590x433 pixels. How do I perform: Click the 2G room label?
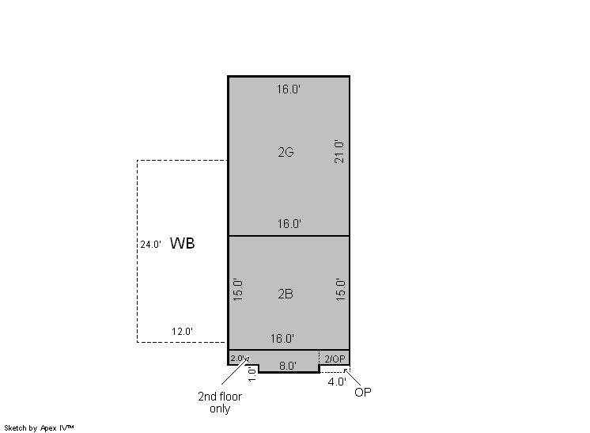pyautogui.click(x=286, y=152)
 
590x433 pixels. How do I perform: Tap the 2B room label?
pyautogui.click(x=286, y=294)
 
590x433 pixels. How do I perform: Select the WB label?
pyautogui.click(x=183, y=243)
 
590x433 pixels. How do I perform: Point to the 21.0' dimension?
pyautogui.click(x=339, y=152)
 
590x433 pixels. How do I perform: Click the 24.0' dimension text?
pyautogui.click(x=151, y=245)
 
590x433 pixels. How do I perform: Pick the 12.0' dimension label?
pyautogui.click(x=183, y=332)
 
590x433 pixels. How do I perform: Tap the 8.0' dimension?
pyautogui.click(x=288, y=366)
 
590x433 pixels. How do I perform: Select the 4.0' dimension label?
pyautogui.click(x=337, y=382)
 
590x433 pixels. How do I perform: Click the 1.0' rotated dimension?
pyautogui.click(x=252, y=374)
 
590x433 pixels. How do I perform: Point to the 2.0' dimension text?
pyautogui.click(x=238, y=358)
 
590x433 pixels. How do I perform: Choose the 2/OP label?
pyautogui.click(x=335, y=359)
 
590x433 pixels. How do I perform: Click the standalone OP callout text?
pyautogui.click(x=363, y=392)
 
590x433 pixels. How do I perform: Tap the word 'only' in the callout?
pyautogui.click(x=220, y=408)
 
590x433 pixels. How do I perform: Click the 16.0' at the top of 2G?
pyautogui.click(x=289, y=89)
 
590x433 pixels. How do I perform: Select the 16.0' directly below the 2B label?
pyautogui.click(x=282, y=339)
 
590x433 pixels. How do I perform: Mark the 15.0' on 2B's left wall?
pyautogui.click(x=238, y=290)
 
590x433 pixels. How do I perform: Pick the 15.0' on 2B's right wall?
pyautogui.click(x=340, y=290)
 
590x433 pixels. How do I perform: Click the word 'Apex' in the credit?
pyautogui.click(x=48, y=428)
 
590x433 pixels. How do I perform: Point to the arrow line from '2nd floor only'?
pyautogui.click(x=235, y=371)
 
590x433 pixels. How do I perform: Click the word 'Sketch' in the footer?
pyautogui.click(x=16, y=427)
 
